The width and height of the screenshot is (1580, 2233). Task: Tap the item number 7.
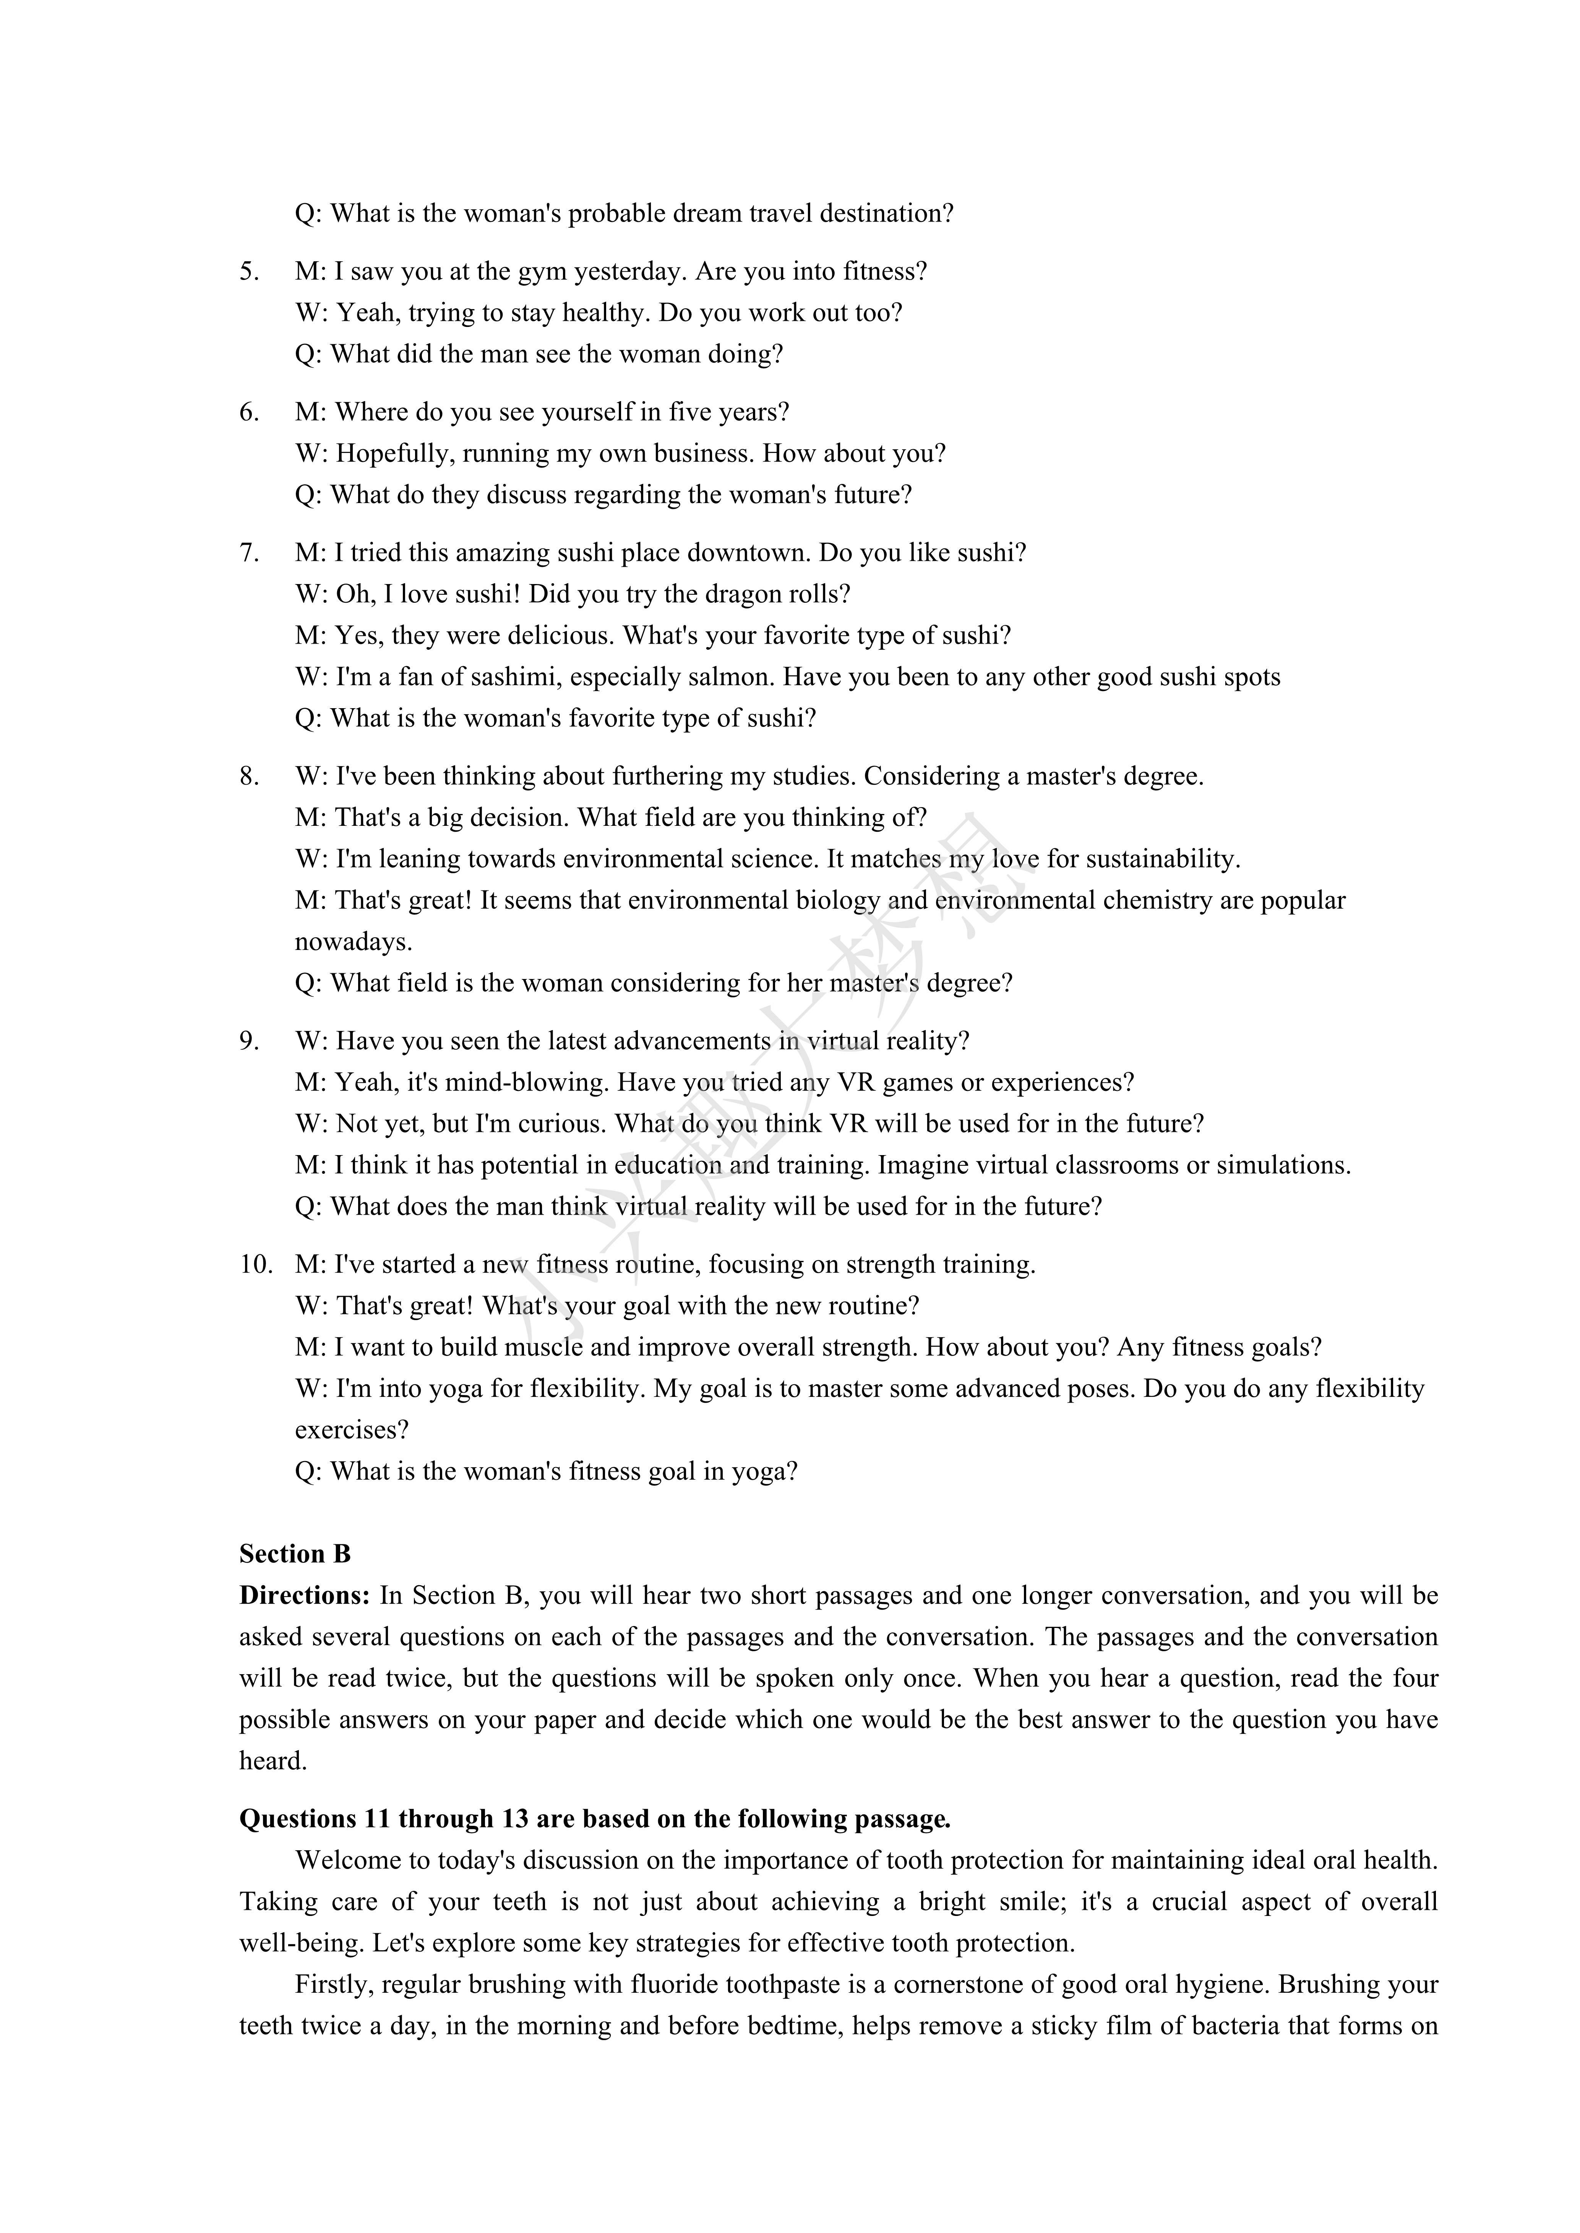pos(249,553)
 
